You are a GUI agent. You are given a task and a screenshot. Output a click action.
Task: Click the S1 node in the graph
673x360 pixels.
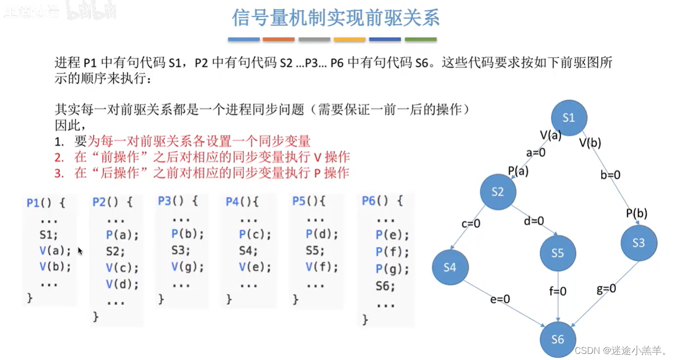569,118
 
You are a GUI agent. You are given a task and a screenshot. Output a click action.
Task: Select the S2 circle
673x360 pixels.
498,192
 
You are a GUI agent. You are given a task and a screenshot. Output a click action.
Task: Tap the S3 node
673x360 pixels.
639,243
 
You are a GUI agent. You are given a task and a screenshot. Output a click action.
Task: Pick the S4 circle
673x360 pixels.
450,267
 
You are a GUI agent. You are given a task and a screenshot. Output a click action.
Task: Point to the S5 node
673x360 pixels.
557,253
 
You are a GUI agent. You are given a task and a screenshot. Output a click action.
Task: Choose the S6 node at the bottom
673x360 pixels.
557,339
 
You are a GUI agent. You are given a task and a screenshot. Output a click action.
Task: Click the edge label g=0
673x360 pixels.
606,289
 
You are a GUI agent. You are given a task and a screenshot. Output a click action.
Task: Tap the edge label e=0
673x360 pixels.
500,299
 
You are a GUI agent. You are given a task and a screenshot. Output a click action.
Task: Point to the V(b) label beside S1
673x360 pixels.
590,143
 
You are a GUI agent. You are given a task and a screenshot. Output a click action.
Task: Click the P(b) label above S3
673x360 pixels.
636,213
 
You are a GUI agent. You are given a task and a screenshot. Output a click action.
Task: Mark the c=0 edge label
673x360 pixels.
470,223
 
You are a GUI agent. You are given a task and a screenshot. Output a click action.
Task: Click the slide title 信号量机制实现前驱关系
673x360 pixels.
336,18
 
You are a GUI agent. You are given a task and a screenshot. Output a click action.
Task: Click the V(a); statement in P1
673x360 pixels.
55,250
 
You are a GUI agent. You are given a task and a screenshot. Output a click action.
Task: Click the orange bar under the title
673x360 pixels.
278,40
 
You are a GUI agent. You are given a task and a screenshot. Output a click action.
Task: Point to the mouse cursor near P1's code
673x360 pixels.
80,250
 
